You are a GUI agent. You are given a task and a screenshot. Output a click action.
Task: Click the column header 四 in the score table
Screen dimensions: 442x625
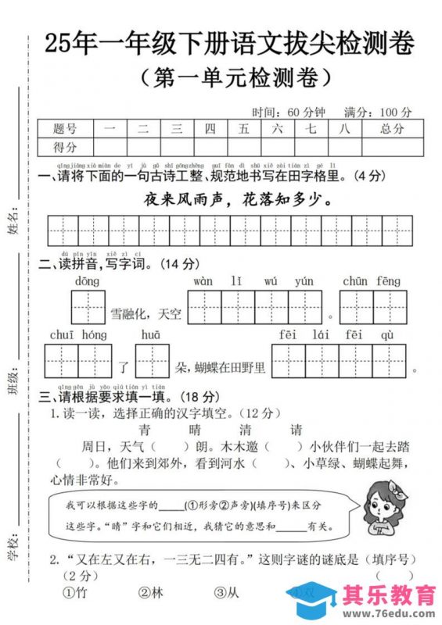[210, 129]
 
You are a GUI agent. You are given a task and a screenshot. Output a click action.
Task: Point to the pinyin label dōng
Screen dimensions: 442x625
[87, 281]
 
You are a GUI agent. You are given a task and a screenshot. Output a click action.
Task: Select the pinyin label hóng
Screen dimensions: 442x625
[93, 335]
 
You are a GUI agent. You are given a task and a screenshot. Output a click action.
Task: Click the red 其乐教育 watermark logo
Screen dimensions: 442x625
[390, 596]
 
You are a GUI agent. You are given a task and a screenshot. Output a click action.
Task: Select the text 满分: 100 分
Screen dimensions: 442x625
[379, 111]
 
